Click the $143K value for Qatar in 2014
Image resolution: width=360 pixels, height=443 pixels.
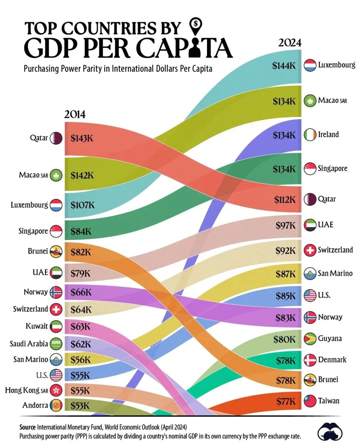82,138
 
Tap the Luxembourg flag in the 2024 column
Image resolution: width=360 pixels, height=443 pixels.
310,65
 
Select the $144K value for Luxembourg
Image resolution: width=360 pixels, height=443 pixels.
284,65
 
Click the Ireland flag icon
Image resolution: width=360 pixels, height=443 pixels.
310,135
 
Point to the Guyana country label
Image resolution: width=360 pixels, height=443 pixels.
330,338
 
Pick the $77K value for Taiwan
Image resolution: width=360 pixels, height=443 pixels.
286,401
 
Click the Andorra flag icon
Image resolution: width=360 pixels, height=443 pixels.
56,405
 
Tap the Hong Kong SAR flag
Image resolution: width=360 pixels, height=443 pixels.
56,390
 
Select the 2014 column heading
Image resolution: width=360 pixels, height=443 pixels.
75,114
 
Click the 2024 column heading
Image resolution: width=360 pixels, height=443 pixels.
290,43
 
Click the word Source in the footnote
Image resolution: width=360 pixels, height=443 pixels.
27,427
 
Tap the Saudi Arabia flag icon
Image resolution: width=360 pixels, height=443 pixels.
56,343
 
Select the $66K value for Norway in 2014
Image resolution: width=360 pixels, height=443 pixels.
81,292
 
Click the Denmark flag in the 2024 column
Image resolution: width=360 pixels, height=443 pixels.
310,360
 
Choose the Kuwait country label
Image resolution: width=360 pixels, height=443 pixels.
37,326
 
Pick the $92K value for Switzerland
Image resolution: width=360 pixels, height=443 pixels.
285,250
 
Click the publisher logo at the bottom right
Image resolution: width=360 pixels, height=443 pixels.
330,432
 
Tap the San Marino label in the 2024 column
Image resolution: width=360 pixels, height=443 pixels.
335,273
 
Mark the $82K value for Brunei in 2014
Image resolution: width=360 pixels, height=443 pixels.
81,252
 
